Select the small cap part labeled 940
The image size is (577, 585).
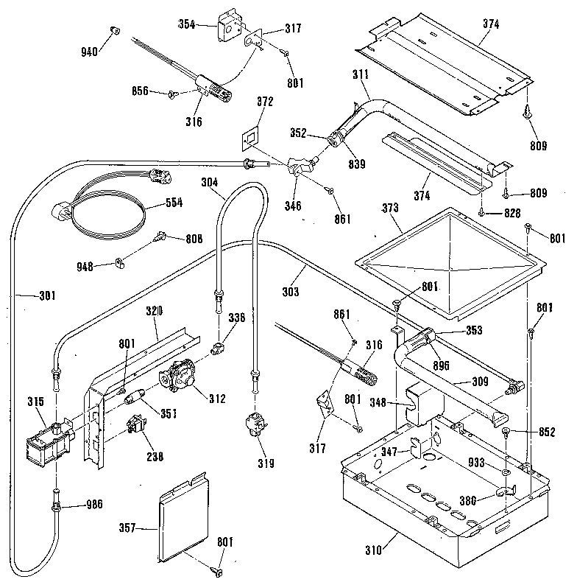click(114, 30)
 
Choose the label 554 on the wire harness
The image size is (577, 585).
click(174, 202)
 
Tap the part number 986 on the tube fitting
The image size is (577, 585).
click(94, 505)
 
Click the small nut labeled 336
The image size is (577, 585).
click(217, 346)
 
